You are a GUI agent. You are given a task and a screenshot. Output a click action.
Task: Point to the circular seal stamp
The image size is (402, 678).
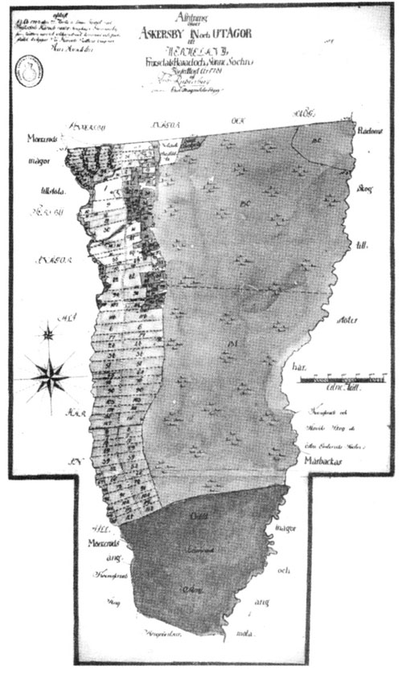25,74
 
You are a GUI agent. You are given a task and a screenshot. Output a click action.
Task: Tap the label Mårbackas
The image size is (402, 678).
331,464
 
